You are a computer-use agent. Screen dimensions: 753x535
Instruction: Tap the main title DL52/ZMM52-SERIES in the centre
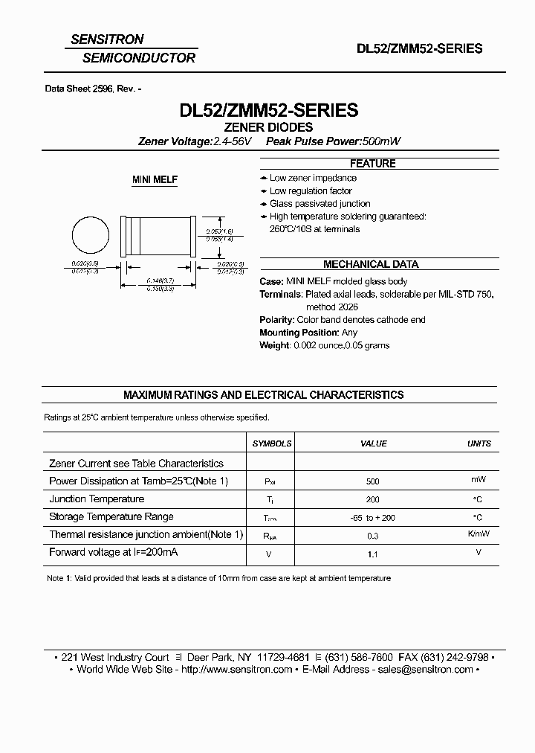pos(269,110)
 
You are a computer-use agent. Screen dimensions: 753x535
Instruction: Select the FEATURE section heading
pos(372,163)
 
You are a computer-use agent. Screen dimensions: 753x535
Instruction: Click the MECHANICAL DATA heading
pos(371,264)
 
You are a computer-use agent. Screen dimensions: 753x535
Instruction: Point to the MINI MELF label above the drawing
pos(155,180)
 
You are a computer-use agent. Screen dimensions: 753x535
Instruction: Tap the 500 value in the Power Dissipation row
pos(373,481)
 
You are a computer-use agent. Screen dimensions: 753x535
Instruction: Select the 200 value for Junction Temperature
pos(373,499)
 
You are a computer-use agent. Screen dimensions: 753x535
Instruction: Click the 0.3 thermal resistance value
pos(373,536)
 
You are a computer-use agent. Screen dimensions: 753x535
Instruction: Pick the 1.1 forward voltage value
pos(373,554)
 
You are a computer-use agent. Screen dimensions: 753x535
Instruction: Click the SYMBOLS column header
pos(272,443)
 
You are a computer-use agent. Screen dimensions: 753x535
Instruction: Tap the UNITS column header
pos(479,443)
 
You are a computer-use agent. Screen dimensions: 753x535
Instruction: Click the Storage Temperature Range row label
pos(111,516)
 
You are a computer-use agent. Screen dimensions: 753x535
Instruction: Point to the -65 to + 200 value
pos(373,517)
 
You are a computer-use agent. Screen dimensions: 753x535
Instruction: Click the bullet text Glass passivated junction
pos(320,203)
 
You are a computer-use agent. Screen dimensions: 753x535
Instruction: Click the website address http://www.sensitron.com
pos(237,670)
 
